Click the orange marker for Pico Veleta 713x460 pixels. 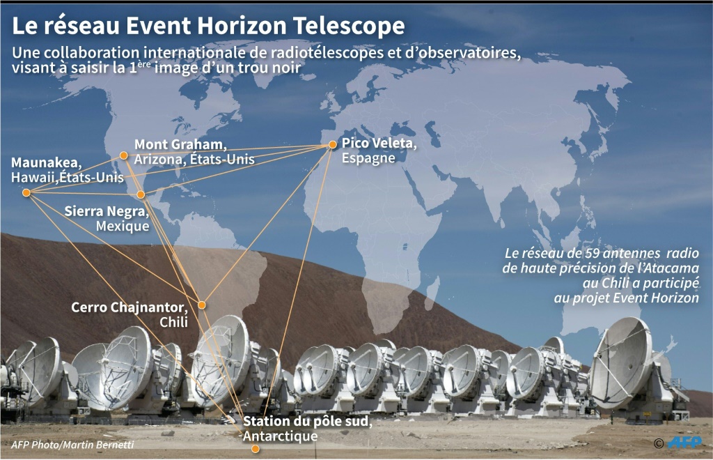[x=332, y=145]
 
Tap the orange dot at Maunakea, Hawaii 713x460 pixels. [x=26, y=193]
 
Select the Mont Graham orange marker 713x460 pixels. [x=123, y=155]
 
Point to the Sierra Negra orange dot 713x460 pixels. [x=141, y=194]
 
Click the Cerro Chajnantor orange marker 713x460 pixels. [x=201, y=305]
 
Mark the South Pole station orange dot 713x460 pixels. [x=256, y=449]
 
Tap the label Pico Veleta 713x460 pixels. [x=379, y=144]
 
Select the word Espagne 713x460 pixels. [x=368, y=158]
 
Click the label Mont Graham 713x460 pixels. [x=180, y=145]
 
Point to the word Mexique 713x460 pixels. [x=123, y=226]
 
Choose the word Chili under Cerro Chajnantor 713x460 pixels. [x=173, y=322]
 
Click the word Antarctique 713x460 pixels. [x=280, y=436]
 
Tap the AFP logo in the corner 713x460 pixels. [x=684, y=443]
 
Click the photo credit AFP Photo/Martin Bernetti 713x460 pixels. [x=72, y=445]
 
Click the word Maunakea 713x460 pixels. [x=47, y=162]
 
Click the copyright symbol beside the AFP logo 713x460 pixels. [x=659, y=443]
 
